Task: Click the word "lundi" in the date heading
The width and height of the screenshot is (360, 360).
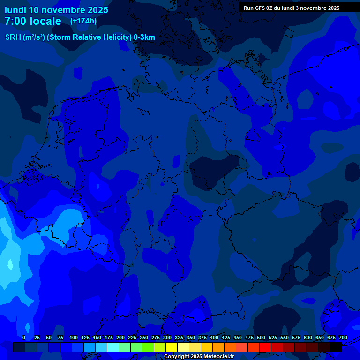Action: pos(15,10)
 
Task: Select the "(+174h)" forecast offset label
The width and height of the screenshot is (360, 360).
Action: pos(83,21)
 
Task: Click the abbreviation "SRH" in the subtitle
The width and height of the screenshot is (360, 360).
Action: pos(13,37)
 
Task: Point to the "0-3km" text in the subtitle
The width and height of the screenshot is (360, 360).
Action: pos(144,37)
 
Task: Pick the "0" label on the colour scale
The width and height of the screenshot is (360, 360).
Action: pos(24,337)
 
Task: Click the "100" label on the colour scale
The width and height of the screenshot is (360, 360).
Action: pos(74,337)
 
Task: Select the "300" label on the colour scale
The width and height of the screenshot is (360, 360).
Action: pos(167,337)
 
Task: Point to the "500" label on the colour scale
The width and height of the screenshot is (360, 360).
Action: pos(261,337)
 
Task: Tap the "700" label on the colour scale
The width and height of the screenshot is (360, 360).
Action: pos(343,337)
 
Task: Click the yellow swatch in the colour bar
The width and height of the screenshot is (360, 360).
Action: pos(172,347)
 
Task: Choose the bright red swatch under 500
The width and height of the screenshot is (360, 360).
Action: pos(265,347)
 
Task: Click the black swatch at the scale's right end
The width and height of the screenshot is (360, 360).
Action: pos(336,347)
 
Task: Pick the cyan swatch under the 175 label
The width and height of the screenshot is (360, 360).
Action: pos(113,347)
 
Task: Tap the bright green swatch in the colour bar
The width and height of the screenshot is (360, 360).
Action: pos(148,347)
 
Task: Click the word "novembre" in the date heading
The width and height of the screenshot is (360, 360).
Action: pos(64,10)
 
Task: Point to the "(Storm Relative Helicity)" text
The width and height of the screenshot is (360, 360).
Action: pos(89,37)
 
